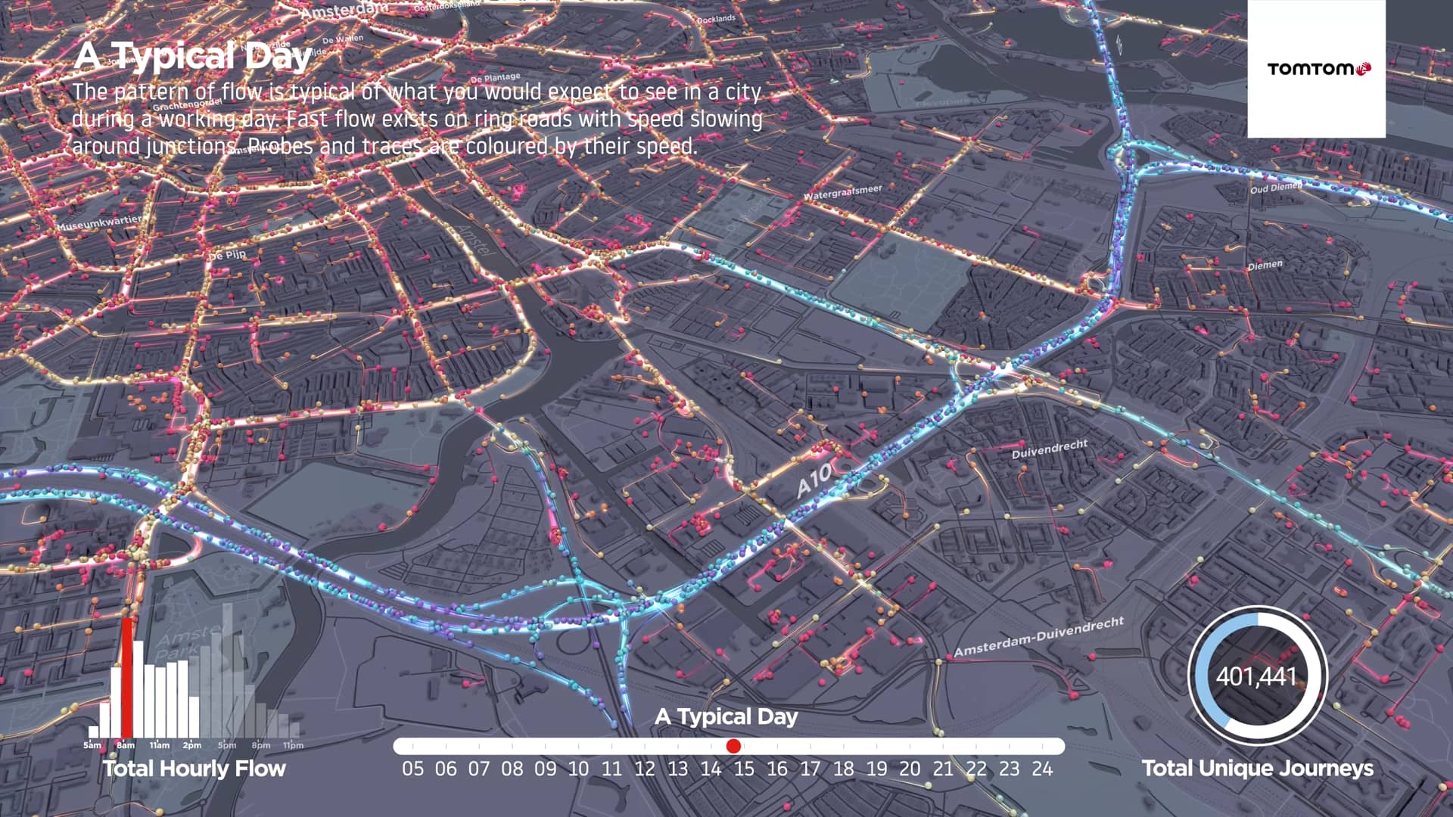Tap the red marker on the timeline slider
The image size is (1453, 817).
733,746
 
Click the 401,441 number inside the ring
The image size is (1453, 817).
1256,676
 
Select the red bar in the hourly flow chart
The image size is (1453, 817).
126,677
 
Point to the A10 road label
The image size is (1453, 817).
814,481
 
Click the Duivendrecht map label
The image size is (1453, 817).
1049,449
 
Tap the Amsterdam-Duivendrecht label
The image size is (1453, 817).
1038,636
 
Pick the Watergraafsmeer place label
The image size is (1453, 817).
842,192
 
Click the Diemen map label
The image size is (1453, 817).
1265,265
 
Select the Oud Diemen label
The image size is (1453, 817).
1275,187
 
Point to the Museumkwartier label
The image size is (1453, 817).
98,223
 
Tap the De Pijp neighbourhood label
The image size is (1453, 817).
227,256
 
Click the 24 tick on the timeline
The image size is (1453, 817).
1042,769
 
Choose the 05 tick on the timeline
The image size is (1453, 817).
412,769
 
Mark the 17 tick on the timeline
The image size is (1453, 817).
810,769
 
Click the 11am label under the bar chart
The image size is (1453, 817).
159,745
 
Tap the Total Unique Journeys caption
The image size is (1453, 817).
1257,768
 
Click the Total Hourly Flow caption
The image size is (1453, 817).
194,769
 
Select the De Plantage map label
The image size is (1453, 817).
496,77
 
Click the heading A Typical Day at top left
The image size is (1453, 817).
193,55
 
